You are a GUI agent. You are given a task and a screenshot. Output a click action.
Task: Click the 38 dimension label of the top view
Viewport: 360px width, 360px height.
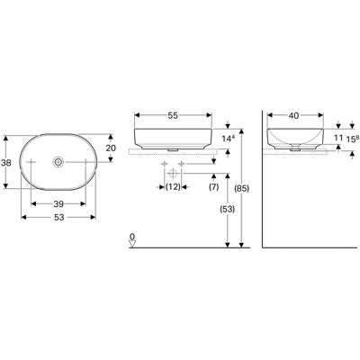[6, 163]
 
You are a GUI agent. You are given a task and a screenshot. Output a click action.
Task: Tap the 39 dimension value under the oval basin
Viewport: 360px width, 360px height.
[58, 204]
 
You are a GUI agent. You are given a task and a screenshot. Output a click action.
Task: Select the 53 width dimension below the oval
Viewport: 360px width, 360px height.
[59, 218]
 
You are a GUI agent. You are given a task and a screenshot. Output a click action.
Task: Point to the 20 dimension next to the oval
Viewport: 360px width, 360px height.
[111, 148]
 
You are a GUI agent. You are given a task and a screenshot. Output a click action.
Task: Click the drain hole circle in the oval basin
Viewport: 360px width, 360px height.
[58, 162]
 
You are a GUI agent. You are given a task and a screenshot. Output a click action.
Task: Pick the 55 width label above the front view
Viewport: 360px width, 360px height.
[173, 115]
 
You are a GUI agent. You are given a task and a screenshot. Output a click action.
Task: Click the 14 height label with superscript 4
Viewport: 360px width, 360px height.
[228, 139]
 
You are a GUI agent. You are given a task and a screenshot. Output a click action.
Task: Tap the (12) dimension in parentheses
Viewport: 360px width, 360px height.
[173, 187]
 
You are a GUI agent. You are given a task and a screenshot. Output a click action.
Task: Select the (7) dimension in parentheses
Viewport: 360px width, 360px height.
[213, 187]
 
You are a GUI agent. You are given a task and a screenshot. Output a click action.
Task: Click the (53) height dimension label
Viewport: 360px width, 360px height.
[227, 209]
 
